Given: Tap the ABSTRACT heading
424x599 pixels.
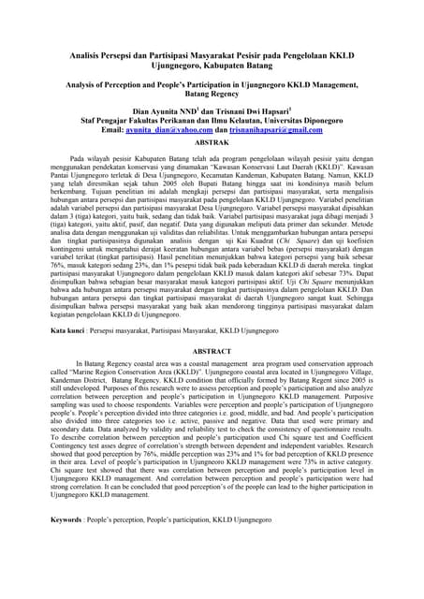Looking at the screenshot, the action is coord(212,351).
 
